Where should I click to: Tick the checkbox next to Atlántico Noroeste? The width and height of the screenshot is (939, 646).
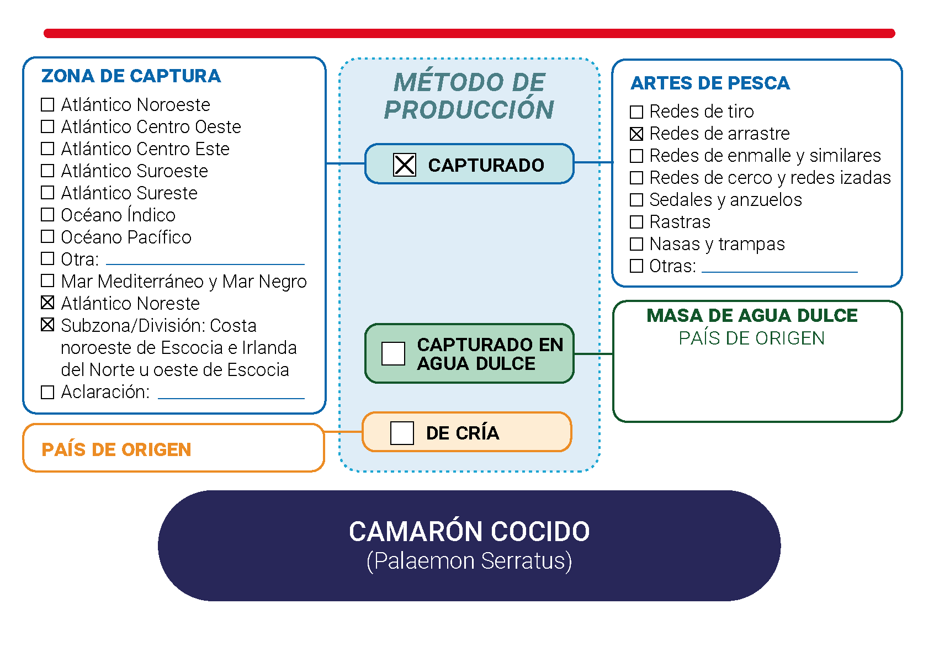(47, 104)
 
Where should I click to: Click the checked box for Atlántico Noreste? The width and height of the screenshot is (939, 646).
(47, 302)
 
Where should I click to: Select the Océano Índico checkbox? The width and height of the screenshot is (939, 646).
(47, 215)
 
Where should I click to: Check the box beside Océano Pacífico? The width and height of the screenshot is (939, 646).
(47, 237)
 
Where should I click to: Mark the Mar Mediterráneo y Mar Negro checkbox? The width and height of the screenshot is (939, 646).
(47, 280)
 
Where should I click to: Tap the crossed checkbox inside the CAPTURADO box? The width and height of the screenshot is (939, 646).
(405, 165)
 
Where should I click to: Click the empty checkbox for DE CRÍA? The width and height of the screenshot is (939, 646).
(402, 433)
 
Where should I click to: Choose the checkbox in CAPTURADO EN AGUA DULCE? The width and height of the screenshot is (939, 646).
(393, 353)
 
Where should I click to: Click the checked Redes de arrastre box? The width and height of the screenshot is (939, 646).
(636, 134)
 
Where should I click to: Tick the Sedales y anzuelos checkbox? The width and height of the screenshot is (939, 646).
(636, 199)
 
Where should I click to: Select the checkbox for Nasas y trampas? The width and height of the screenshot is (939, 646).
(636, 243)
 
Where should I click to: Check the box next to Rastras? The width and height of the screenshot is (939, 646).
(636, 222)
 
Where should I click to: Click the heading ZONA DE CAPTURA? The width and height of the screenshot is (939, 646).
(131, 76)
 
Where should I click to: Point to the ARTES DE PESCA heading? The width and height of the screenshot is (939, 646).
(710, 83)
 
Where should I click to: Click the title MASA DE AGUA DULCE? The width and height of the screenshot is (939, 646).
(752, 316)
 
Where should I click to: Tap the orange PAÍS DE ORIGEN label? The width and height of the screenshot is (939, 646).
(116, 449)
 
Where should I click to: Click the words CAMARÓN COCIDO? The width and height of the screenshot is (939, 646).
(469, 531)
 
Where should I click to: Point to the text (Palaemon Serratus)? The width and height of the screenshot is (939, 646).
(469, 561)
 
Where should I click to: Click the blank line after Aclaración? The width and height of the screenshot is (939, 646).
(231, 398)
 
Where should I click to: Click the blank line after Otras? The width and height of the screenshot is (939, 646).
(779, 272)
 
